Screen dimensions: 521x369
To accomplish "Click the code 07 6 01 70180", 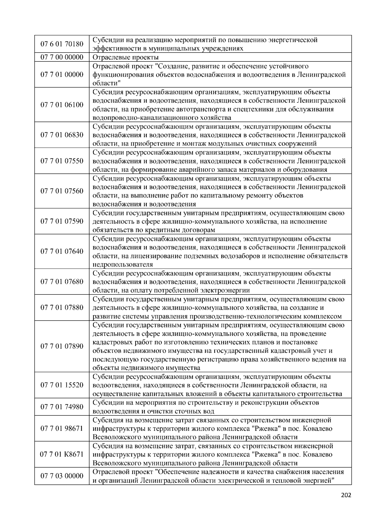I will [62, 44].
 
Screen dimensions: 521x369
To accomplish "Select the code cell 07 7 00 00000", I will [62, 57].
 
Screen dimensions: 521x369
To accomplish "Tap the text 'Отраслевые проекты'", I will [126, 57].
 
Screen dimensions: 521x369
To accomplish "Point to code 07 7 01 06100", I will [62, 105].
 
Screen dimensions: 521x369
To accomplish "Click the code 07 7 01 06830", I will [62, 135].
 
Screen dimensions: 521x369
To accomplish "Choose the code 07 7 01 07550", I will [62, 161].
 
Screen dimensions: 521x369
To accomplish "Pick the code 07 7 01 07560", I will [62, 191].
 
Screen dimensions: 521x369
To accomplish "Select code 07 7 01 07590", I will [62, 221].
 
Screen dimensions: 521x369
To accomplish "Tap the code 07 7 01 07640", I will [62, 251].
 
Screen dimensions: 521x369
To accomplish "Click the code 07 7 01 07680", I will [62, 282].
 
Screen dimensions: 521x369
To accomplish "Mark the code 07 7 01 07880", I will [62, 308].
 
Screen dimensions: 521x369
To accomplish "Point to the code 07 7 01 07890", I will [62, 346].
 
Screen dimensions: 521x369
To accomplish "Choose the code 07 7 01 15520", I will [62, 385].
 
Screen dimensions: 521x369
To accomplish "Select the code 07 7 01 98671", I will [62, 429].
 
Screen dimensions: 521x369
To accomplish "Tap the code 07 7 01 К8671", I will [62, 454].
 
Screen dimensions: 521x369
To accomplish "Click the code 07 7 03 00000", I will [62, 476].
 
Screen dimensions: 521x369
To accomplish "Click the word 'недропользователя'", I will [123, 265].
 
